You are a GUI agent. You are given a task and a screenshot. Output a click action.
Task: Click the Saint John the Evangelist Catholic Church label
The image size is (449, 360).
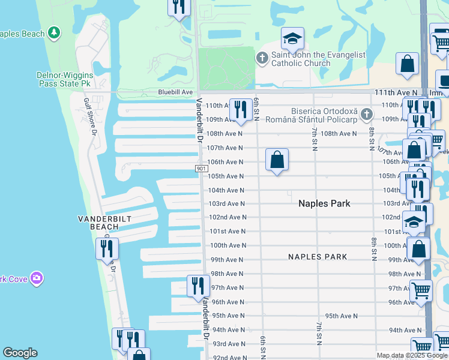[x=318, y=59]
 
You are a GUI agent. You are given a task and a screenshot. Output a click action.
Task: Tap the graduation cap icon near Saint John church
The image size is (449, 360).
[x=292, y=39]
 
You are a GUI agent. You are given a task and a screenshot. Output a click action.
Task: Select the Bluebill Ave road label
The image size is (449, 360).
[x=175, y=92]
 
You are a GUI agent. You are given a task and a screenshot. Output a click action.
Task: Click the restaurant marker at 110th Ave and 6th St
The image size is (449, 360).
[x=241, y=109]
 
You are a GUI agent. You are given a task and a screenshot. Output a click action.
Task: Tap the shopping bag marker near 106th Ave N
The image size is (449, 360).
[x=277, y=160]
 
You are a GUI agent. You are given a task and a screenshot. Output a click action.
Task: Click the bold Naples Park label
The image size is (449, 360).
[x=325, y=203]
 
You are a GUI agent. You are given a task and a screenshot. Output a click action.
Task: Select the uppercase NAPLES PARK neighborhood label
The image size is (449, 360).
[x=318, y=257]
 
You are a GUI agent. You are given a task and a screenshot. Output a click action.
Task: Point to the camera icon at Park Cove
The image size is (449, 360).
[x=37, y=278]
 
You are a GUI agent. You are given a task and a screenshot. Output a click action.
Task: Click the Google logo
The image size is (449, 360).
[x=20, y=353]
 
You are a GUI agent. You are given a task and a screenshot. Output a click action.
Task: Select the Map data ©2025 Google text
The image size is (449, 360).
[x=412, y=355]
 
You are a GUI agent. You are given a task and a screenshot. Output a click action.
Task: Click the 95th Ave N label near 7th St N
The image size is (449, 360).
[x=341, y=316]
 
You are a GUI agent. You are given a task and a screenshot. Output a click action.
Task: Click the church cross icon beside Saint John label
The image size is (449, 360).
[x=262, y=58]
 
